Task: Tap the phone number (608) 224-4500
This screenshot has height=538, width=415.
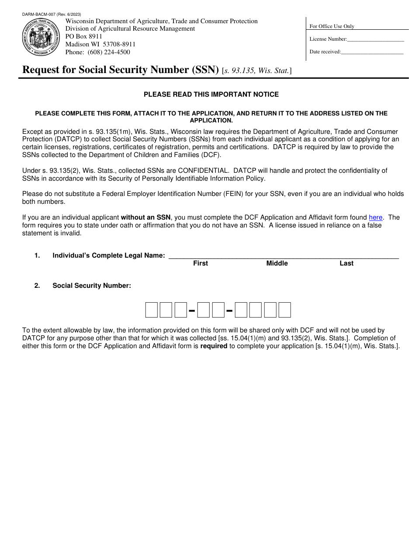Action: pyautogui.click(x=109, y=52)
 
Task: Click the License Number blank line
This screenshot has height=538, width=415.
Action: pyautogui.click(x=375, y=40)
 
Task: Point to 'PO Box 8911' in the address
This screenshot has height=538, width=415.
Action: pyautogui.click(x=84, y=37)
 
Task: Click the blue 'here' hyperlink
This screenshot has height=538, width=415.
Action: pyautogui.click(x=375, y=217)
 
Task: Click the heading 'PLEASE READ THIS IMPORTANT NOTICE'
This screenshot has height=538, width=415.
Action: pyautogui.click(x=211, y=94)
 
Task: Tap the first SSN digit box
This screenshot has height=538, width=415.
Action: pyautogui.click(x=151, y=310)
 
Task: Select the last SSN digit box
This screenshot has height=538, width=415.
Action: pyautogui.click(x=285, y=310)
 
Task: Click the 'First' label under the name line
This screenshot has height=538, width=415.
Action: pyautogui.click(x=201, y=263)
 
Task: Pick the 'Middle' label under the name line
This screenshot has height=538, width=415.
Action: pyautogui.click(x=277, y=263)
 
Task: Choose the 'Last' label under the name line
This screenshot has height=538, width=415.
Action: pyautogui.click(x=346, y=263)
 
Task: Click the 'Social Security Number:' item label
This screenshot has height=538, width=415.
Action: pyautogui.click(x=92, y=286)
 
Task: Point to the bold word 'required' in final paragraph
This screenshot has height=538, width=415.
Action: pyautogui.click(x=214, y=346)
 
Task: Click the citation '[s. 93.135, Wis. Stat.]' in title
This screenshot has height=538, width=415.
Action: pyautogui.click(x=257, y=70)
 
